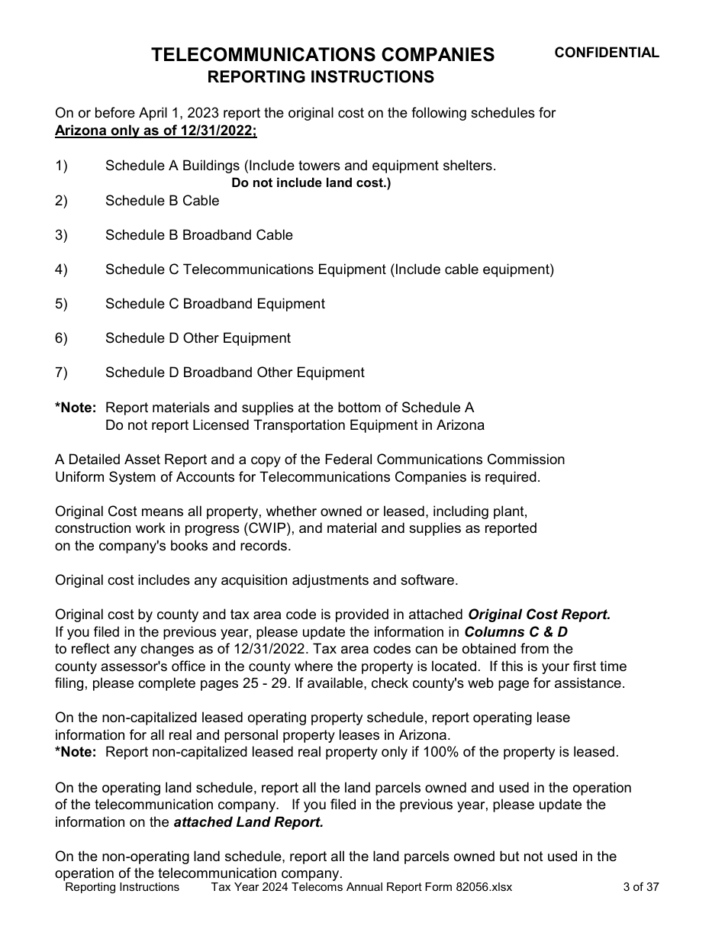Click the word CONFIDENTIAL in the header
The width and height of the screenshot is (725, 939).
[606, 53]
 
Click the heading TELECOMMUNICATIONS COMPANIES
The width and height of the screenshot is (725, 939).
[323, 55]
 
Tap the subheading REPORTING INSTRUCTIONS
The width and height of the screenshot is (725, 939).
[321, 77]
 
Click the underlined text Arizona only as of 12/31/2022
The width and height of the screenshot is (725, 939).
[156, 131]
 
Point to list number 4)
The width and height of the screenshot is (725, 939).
[61, 269]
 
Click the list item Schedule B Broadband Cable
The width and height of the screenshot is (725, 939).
[198, 235]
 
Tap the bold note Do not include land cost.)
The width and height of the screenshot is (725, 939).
[311, 183]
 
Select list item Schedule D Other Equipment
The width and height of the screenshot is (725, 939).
[198, 338]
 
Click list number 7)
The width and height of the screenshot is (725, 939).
[61, 373]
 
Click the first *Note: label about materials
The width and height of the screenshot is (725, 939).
[75, 408]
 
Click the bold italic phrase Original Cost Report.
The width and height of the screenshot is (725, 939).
[539, 615]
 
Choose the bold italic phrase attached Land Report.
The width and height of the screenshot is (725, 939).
[249, 822]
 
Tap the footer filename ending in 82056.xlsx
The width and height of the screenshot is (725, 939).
[362, 887]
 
